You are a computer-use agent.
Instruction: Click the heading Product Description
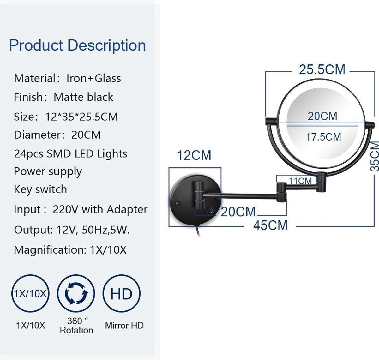(x=77, y=45)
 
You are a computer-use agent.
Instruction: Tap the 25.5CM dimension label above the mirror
(x=322, y=69)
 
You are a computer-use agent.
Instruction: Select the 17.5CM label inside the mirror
(x=323, y=137)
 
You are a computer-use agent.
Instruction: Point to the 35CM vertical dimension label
(x=375, y=157)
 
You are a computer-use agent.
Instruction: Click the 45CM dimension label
(x=270, y=225)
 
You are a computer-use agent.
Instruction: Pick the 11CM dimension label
(x=300, y=181)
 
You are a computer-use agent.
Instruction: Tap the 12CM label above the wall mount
(x=194, y=155)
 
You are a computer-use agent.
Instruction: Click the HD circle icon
(x=121, y=294)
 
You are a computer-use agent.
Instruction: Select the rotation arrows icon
(x=76, y=294)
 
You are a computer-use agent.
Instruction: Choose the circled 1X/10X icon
(x=30, y=294)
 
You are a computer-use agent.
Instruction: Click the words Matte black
(x=83, y=97)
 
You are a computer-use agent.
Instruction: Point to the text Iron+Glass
(x=93, y=78)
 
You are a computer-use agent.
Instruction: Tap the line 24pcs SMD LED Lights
(x=70, y=154)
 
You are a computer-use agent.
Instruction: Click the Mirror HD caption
(x=124, y=325)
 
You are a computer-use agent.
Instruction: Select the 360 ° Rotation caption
(x=76, y=326)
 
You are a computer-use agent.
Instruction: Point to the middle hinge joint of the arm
(x=281, y=191)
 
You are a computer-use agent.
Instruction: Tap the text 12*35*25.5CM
(x=81, y=117)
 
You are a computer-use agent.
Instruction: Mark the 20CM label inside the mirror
(x=322, y=116)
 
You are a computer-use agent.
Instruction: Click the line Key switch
(x=40, y=189)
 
